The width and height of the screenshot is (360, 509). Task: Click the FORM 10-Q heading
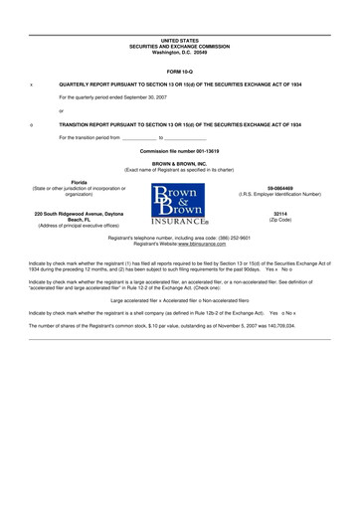(x=180, y=73)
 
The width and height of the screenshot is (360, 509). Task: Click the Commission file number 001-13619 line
(x=180, y=150)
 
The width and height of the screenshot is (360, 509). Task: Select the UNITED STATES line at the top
(x=180, y=40)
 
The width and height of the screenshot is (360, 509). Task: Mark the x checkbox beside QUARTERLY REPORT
(x=32, y=85)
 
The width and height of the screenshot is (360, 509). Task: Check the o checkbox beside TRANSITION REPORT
(x=32, y=126)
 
